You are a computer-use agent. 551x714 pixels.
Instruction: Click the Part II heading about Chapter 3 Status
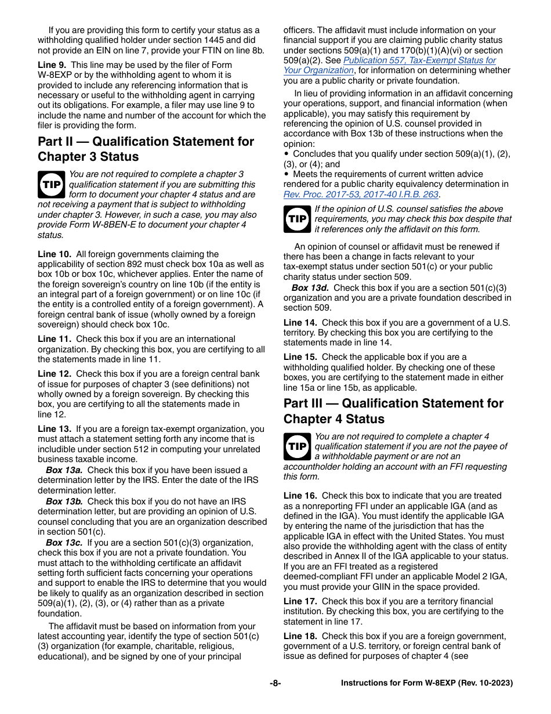(x=146, y=149)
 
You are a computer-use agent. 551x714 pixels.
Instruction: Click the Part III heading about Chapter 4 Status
(x=393, y=411)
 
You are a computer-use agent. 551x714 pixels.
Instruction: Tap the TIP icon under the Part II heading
(x=52, y=184)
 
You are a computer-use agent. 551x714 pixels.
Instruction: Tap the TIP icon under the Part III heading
(x=297, y=446)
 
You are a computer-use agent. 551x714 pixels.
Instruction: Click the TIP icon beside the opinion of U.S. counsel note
(x=297, y=219)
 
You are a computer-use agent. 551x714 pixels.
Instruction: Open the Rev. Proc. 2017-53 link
(x=361, y=194)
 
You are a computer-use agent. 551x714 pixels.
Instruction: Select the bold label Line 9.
(x=52, y=65)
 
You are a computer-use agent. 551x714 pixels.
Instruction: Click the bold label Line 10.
(x=55, y=254)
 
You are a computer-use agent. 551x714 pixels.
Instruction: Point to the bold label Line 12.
(x=55, y=374)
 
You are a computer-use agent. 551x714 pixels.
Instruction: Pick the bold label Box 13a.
(x=64, y=470)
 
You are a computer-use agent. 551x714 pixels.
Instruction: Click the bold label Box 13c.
(x=64, y=543)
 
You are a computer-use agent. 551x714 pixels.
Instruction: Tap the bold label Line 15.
(x=300, y=357)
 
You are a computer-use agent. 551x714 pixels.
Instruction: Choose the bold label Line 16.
(x=300, y=496)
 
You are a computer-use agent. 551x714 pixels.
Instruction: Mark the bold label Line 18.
(x=300, y=636)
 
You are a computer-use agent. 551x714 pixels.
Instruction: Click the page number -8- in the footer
(x=275, y=683)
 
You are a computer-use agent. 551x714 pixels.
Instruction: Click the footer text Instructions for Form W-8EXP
(x=427, y=683)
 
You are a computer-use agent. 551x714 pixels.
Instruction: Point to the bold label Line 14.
(x=300, y=323)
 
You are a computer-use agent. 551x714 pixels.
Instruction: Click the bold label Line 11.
(x=55, y=339)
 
